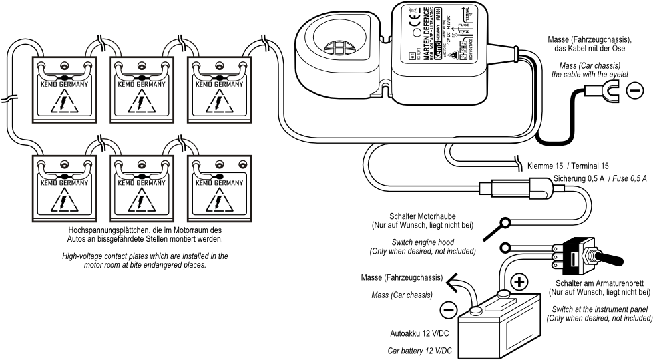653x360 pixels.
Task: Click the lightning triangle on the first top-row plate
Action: [x=64, y=104]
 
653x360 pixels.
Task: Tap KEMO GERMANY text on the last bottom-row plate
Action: [x=220, y=181]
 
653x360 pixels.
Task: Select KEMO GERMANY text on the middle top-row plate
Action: [x=142, y=85]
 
